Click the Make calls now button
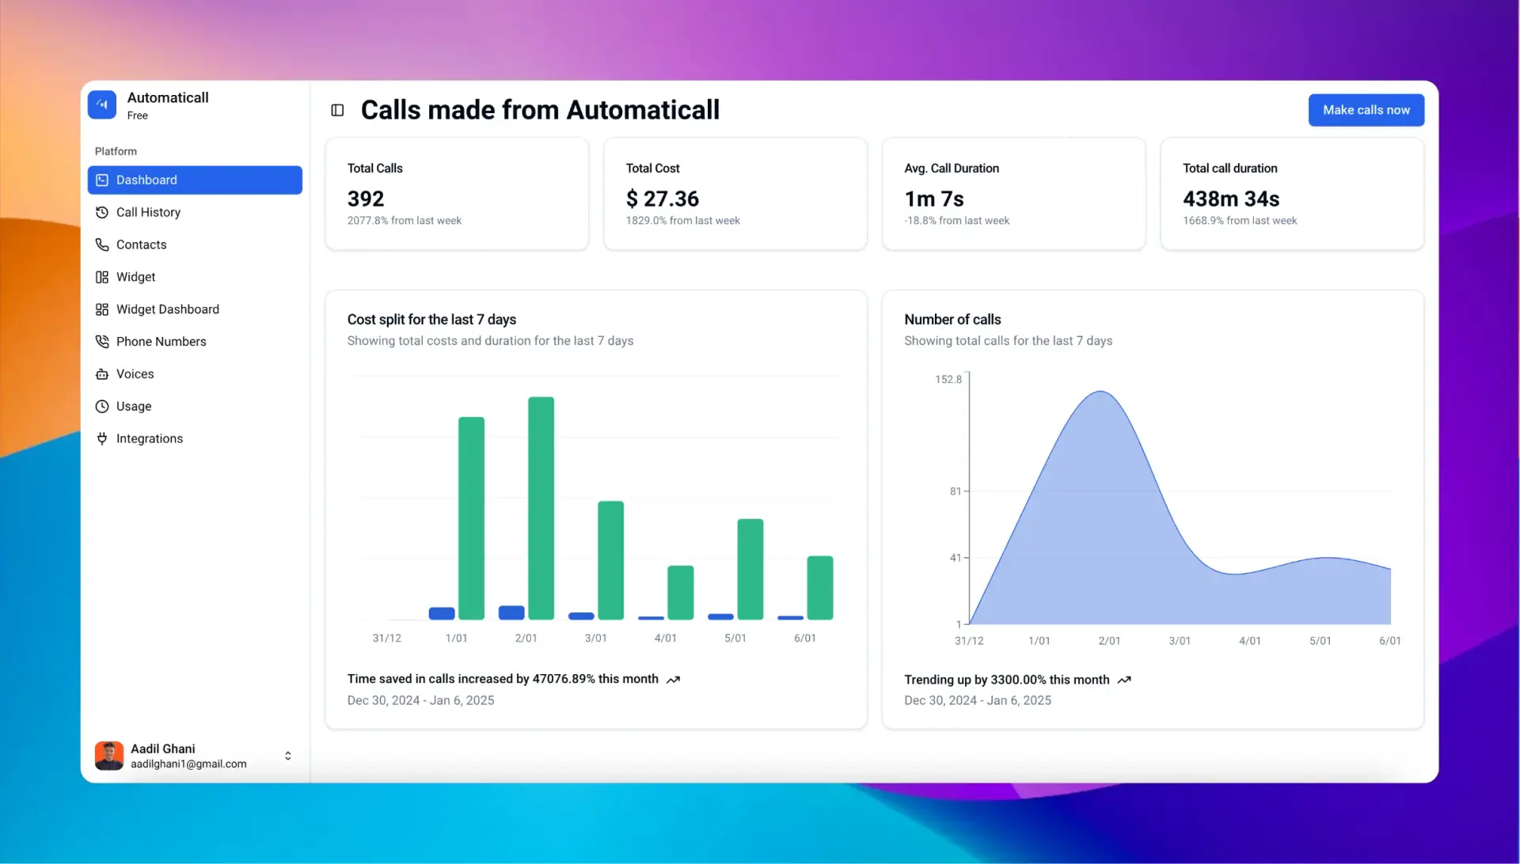pos(1366,110)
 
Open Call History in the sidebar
pos(148,212)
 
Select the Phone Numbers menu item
pos(161,342)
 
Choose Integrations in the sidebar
pos(149,438)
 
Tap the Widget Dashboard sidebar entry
pos(167,309)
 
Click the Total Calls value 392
pos(365,199)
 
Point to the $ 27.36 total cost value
pos(662,199)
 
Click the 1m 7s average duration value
pos(933,199)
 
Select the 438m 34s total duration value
pos(1230,199)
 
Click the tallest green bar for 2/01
pos(541,506)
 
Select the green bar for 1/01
pos(471,518)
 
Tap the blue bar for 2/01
pos(511,612)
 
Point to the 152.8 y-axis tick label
pos(948,380)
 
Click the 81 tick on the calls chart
pos(955,491)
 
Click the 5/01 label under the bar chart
pos(735,638)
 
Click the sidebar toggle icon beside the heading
pos(337,110)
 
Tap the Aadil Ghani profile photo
pos(109,756)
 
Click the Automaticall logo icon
pos(102,104)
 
